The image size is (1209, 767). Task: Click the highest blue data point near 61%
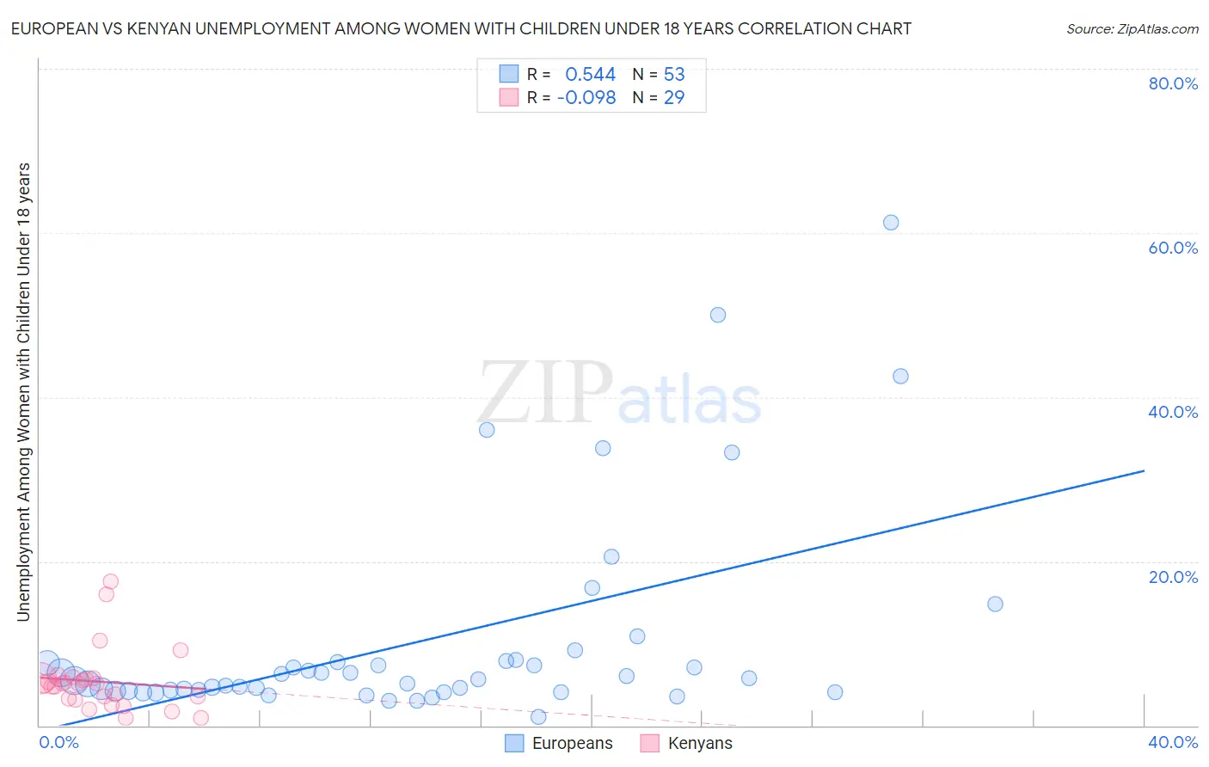[x=891, y=223]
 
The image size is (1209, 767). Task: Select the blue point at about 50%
[x=718, y=315]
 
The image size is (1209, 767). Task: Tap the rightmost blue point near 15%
[x=995, y=604]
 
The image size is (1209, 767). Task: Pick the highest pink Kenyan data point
[x=110, y=581]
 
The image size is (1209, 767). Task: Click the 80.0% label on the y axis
[x=1173, y=83]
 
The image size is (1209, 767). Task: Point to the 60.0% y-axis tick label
[x=1173, y=248]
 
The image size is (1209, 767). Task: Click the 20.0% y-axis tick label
[x=1173, y=577]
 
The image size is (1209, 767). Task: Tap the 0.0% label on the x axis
[x=58, y=742]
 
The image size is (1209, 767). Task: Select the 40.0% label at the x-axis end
[x=1173, y=742]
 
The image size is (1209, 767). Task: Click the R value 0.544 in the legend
[x=590, y=75]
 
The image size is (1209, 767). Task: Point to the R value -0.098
[x=586, y=98]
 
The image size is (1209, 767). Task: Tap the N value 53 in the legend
[x=674, y=75]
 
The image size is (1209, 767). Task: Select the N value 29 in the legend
[x=674, y=98]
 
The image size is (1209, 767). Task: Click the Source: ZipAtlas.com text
[x=1132, y=29]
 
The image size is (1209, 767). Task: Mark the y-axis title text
[x=23, y=391]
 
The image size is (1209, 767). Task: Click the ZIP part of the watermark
[x=545, y=394]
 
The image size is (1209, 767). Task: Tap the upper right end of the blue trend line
[x=1144, y=470]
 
